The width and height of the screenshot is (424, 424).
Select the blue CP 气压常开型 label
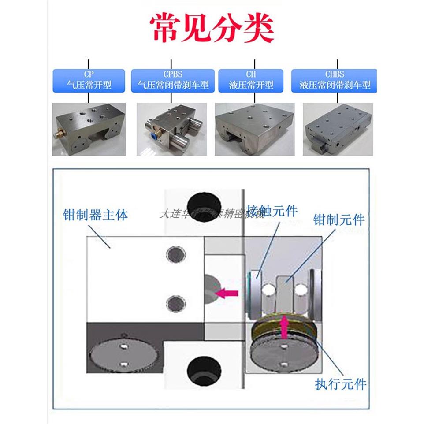(x=89, y=80)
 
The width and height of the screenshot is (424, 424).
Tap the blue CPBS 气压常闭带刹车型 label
(x=172, y=80)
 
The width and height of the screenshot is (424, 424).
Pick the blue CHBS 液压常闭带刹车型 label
(x=335, y=80)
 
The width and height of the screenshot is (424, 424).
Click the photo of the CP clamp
(x=89, y=129)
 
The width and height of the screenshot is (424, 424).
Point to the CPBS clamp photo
(x=172, y=129)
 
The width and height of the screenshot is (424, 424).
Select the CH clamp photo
(x=254, y=129)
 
